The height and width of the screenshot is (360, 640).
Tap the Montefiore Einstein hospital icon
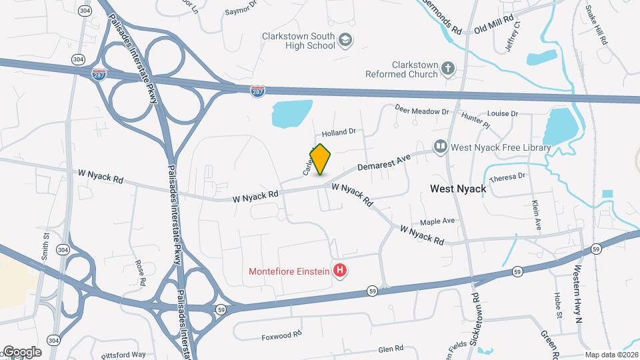341,271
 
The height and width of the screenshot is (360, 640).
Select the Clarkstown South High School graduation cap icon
345,41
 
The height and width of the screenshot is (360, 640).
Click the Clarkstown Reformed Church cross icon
449,68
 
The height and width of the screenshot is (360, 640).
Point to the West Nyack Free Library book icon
440,147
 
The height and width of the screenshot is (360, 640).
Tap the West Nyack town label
458,189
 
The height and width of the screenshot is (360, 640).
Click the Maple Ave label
437,221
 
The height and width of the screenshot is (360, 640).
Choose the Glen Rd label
391,349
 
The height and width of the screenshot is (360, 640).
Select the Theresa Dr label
507,178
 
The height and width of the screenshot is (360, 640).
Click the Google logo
21,351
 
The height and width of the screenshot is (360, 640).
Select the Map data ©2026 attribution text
611,355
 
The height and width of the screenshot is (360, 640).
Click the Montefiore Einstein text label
290,271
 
